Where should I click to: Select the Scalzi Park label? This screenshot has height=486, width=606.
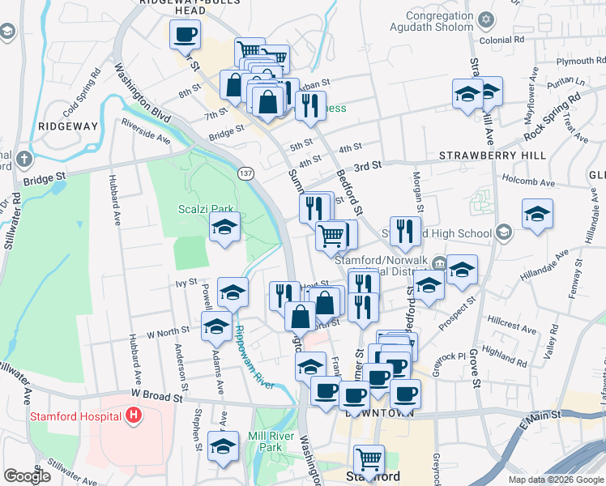(x=199, y=209)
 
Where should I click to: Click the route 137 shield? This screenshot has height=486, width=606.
(x=246, y=173)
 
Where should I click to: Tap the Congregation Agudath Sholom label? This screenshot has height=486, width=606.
(x=429, y=21)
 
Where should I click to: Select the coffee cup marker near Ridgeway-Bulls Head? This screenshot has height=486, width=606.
(x=184, y=36)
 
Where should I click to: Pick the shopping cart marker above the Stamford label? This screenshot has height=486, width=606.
(x=369, y=459)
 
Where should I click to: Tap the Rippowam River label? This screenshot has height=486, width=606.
(x=254, y=356)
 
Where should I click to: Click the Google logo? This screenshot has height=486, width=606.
(x=27, y=476)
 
